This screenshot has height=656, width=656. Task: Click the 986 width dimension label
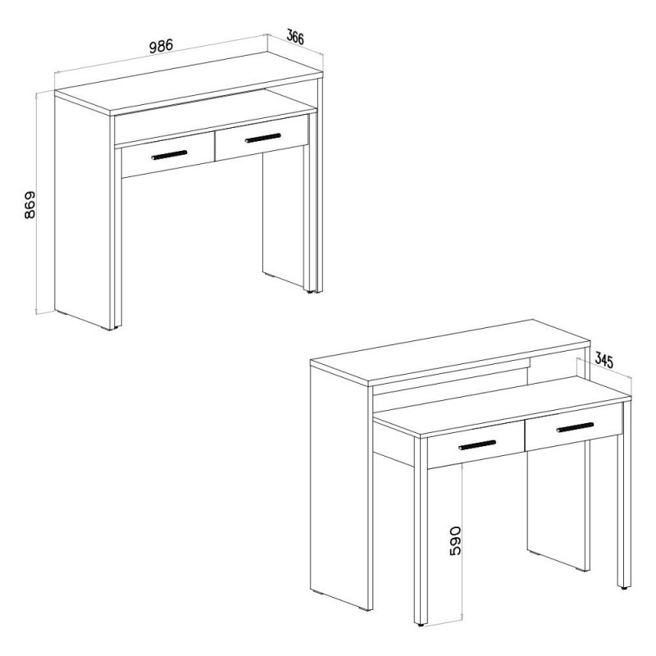click(161, 46)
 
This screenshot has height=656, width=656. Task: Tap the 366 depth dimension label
click(295, 37)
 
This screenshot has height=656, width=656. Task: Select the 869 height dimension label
click(30, 205)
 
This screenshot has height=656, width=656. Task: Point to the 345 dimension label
click(604, 360)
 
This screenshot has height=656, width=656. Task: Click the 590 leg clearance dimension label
click(455, 540)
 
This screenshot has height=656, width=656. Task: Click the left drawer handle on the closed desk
click(170, 155)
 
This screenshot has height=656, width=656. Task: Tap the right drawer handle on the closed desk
click(262, 138)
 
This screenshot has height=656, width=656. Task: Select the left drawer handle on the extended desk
click(477, 445)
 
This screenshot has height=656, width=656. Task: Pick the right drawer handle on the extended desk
click(575, 427)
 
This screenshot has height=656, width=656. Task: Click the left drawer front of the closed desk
click(168, 155)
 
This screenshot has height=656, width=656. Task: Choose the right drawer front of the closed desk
click(262, 138)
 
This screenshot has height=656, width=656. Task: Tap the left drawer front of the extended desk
click(476, 444)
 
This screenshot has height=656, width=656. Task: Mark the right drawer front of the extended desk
click(574, 427)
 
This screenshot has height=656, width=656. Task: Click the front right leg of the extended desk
click(624, 494)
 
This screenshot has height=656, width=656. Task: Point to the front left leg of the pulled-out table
click(421, 531)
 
